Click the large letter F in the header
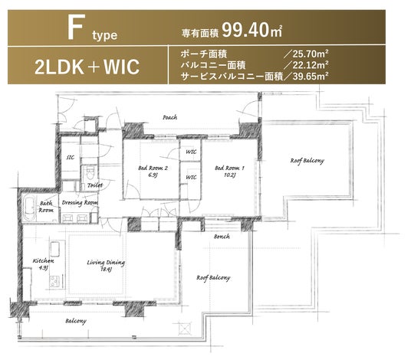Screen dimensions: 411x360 pyautogui.click(x=76, y=27)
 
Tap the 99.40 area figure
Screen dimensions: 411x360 pyautogui.click(x=245, y=30)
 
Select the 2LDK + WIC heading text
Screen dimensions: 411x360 pyautogui.click(x=87, y=67)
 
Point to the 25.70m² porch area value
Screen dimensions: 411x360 pyautogui.click(x=310, y=54)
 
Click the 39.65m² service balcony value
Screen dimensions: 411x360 pyautogui.click(x=311, y=76)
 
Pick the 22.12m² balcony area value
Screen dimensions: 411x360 pyautogui.click(x=310, y=65)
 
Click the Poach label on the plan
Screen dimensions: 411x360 pyautogui.click(x=170, y=117)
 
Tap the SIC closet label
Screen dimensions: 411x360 pyautogui.click(x=71, y=157)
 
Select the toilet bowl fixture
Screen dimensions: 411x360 pyautogui.click(x=90, y=173)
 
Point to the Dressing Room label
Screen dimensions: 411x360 pyautogui.click(x=80, y=203)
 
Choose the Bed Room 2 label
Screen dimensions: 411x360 pyautogui.click(x=153, y=172)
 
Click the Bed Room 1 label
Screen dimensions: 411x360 pyautogui.click(x=229, y=172)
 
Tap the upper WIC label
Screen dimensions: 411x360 pyautogui.click(x=191, y=152)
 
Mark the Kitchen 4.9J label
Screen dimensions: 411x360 pyautogui.click(x=43, y=264)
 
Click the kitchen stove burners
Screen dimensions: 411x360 pyautogui.click(x=54, y=282)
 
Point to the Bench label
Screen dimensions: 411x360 pyautogui.click(x=222, y=237)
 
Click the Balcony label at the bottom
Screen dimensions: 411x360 pyautogui.click(x=76, y=321)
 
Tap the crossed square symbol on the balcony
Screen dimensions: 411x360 pyautogui.click(x=185, y=329)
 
